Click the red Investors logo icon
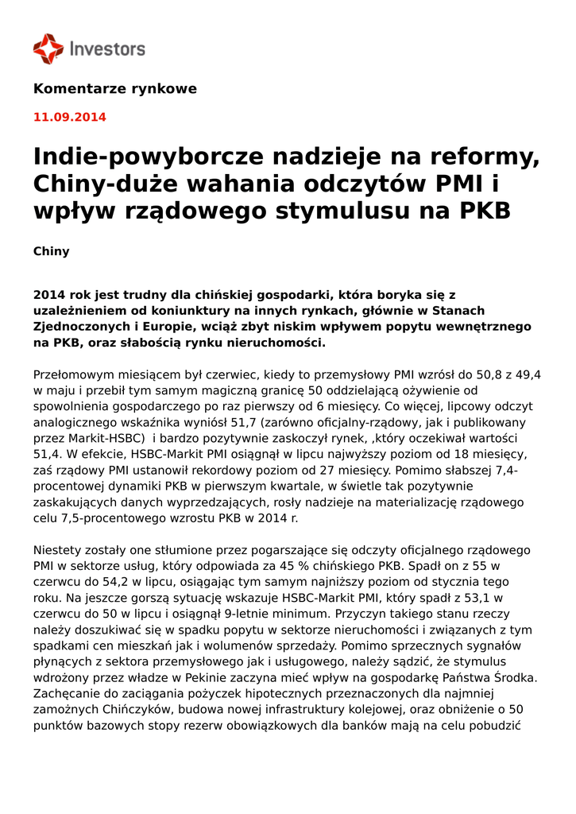pyautogui.click(x=48, y=48)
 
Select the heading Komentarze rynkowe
pyautogui.click(x=114, y=89)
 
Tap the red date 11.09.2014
pyautogui.click(x=69, y=118)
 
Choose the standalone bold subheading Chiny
pyautogui.click(x=51, y=252)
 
